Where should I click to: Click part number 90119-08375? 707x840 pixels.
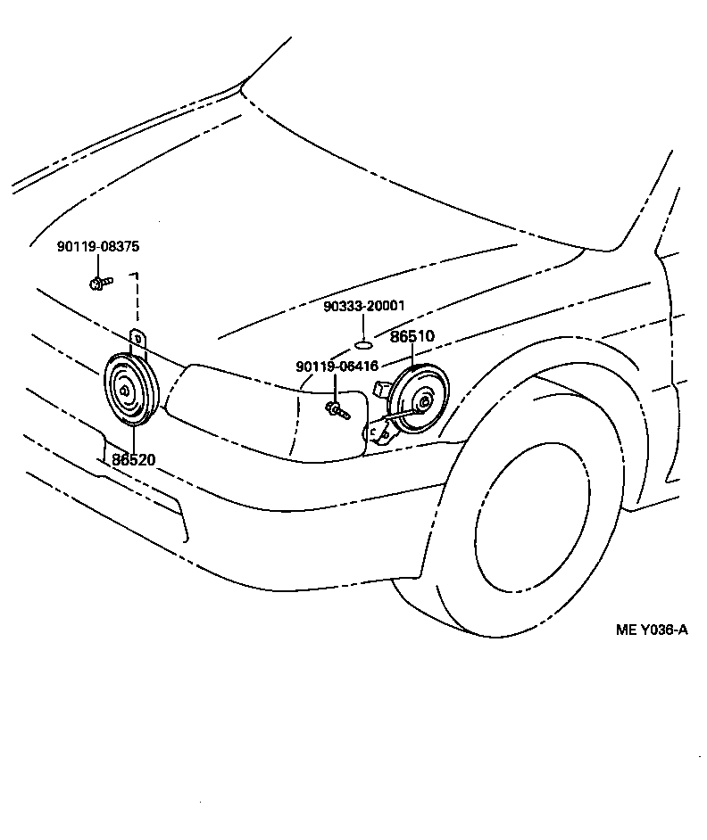[x=97, y=246]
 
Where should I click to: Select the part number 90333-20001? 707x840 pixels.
[x=363, y=306]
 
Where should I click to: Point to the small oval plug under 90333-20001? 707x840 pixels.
[x=363, y=344]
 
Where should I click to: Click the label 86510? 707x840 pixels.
[x=412, y=338]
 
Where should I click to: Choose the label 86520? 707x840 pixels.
[x=134, y=459]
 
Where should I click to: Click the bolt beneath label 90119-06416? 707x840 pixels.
[x=337, y=409]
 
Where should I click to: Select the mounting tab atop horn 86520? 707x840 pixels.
[x=138, y=342]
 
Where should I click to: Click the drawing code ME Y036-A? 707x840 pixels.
[x=652, y=630]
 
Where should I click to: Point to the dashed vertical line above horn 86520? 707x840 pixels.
[x=137, y=303]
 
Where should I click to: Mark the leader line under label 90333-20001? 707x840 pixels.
[x=363, y=325]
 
